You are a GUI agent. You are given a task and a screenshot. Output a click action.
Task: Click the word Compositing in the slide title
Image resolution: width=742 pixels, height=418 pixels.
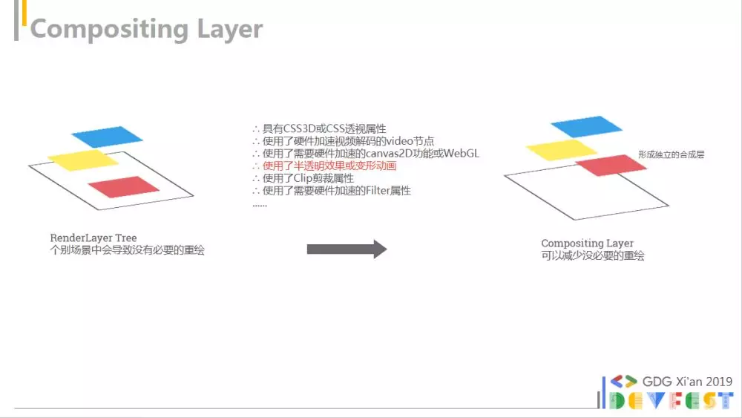[x=109, y=30]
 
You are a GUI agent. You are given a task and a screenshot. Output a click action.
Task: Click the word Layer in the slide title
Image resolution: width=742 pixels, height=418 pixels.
[x=229, y=30]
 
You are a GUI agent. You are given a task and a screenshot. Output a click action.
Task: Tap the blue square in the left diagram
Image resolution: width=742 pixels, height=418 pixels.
[x=108, y=137]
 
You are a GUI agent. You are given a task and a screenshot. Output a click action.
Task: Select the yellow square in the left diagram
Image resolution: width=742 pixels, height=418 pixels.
[x=83, y=160]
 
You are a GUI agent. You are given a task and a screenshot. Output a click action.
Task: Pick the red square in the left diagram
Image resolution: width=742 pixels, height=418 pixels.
[x=123, y=186]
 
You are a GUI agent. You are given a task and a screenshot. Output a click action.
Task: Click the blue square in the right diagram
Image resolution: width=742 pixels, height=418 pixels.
[x=586, y=126]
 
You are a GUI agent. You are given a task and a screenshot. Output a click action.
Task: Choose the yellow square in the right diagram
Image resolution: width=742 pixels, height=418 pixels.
[x=562, y=149]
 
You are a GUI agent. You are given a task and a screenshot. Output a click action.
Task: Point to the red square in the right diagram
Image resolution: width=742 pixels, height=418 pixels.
[x=611, y=166]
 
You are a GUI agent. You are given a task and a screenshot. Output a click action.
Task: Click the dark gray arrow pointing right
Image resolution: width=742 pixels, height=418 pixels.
[x=347, y=249]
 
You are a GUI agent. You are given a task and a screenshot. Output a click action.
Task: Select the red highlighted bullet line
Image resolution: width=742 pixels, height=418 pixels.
[x=325, y=166]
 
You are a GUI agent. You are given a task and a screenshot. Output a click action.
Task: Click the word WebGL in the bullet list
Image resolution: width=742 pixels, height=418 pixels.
[x=462, y=154]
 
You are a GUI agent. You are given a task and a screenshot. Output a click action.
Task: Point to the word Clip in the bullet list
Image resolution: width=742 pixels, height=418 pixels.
[x=303, y=178]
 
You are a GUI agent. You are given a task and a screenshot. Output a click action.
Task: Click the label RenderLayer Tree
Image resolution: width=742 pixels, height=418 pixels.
[x=93, y=238]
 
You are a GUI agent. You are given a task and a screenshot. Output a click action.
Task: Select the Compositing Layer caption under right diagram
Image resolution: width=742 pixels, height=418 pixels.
[x=587, y=243]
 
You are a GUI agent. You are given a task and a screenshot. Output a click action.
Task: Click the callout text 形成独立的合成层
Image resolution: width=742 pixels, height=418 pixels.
[x=671, y=154]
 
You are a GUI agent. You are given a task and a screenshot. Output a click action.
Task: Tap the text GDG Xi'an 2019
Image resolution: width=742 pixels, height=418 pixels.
[x=687, y=382]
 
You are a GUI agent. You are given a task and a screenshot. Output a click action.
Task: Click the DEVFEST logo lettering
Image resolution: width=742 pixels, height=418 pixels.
[x=671, y=400]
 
